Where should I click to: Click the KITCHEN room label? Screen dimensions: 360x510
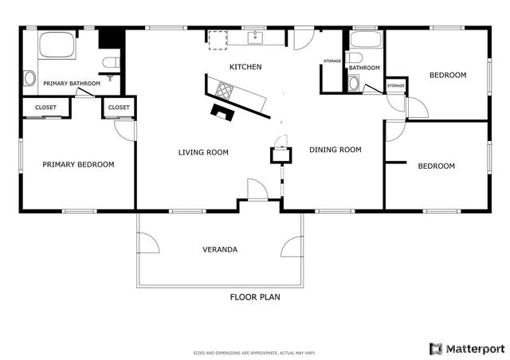click(245, 67)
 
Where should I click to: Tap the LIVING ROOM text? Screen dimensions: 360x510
click(203, 152)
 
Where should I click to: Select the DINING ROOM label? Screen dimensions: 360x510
click(335, 150)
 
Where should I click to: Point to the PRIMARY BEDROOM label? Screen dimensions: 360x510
click(78, 165)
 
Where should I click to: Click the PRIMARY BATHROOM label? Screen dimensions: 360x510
click(72, 84)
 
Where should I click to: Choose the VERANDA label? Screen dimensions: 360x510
click(219, 249)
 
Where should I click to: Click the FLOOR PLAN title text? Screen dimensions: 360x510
click(255, 297)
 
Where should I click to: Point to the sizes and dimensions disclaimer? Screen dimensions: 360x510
click(255, 352)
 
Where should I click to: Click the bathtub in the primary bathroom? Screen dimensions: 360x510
click(57, 45)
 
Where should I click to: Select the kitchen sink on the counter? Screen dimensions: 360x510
click(256, 37)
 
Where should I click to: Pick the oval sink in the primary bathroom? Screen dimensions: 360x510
click(29, 78)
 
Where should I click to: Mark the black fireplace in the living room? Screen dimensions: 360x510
click(221, 112)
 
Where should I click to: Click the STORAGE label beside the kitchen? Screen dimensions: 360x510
click(332, 61)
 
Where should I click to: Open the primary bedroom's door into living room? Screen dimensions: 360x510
click(124, 130)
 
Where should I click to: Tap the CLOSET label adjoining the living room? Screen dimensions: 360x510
click(119, 108)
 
